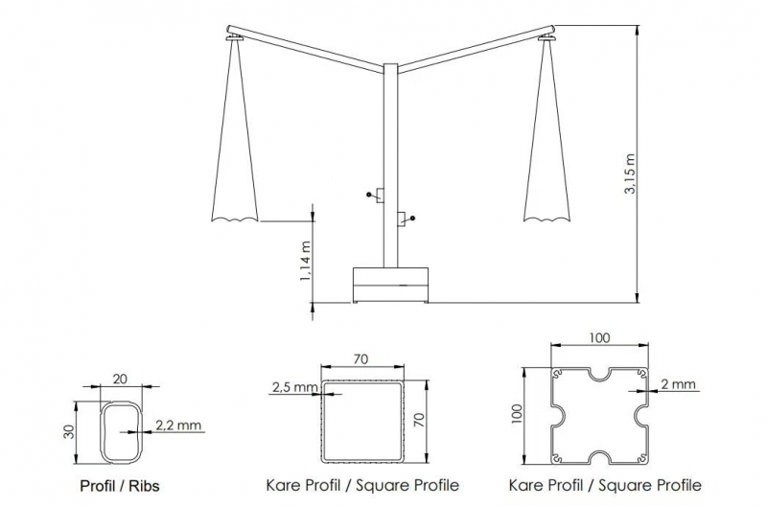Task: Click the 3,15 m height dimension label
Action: [x=630, y=174]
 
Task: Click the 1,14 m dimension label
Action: [x=305, y=261]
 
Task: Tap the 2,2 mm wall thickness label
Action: [x=178, y=425]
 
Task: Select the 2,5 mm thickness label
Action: [x=295, y=387]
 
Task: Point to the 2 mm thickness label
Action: [x=678, y=384]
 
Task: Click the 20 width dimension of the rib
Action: [x=120, y=379]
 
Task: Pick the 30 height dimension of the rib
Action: [x=69, y=432]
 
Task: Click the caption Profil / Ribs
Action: [x=120, y=486]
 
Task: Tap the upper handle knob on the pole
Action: [x=369, y=195]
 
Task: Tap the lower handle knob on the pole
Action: [x=412, y=218]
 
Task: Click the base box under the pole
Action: [x=390, y=285]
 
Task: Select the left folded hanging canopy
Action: [x=234, y=131]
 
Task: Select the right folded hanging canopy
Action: [x=546, y=131]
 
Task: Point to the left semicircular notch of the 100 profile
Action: [x=559, y=416]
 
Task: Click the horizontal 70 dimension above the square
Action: [x=360, y=359]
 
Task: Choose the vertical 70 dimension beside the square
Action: [x=420, y=421]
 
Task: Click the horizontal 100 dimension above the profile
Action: [x=599, y=338]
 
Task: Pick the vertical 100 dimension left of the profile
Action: [x=519, y=415]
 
